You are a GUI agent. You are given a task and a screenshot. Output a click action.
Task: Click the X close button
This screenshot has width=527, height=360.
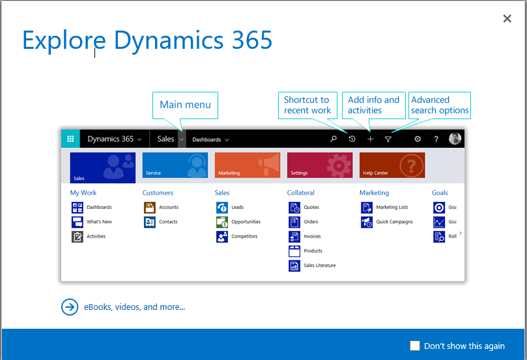(507, 18)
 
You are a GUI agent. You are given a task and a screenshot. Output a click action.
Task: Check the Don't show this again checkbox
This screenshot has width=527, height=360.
(415, 346)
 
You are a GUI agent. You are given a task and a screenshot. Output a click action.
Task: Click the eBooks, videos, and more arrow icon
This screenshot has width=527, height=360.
(70, 307)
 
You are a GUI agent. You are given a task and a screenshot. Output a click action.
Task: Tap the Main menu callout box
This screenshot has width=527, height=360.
(185, 105)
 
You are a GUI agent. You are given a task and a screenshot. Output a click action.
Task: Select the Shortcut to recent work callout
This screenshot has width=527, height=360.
(307, 105)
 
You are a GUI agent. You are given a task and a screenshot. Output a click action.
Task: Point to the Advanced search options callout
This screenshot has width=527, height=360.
(440, 105)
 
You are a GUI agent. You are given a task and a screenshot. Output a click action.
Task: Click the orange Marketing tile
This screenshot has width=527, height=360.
(248, 165)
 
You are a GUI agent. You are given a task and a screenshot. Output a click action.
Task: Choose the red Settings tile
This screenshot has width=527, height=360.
(320, 165)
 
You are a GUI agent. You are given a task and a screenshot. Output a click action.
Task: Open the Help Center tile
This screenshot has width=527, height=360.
(392, 165)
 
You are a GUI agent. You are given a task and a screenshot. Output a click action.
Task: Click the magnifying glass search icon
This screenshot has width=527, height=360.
(334, 139)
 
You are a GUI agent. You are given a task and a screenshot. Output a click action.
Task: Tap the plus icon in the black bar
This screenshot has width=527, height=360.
(371, 139)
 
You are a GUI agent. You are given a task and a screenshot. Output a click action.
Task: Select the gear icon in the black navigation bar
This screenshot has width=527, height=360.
(418, 139)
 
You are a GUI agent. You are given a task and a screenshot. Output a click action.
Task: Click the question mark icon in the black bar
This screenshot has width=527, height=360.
(436, 139)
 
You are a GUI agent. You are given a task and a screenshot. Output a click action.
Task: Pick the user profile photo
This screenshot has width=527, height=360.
(455, 139)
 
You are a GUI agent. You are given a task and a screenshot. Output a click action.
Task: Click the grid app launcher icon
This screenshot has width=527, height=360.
(70, 139)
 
